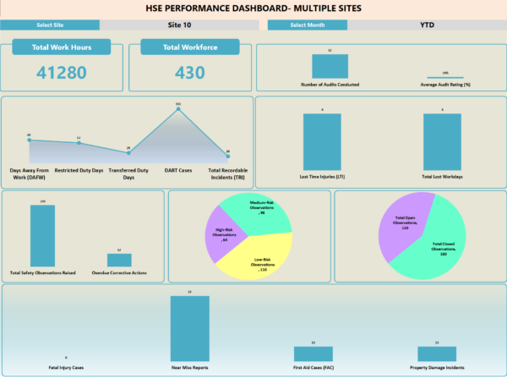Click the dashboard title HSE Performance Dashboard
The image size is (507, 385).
[253, 8]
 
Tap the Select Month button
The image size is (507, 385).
[308, 25]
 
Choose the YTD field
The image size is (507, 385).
[428, 25]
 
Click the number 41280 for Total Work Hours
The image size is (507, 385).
[62, 73]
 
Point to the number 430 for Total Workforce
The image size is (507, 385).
[190, 73]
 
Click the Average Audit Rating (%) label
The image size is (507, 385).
[445, 85]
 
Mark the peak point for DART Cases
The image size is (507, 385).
[177, 108]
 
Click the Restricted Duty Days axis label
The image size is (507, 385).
[79, 170]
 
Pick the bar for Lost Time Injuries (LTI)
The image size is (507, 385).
[322, 142]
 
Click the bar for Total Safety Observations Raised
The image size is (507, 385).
[42, 236]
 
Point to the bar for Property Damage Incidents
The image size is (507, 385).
[437, 354]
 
